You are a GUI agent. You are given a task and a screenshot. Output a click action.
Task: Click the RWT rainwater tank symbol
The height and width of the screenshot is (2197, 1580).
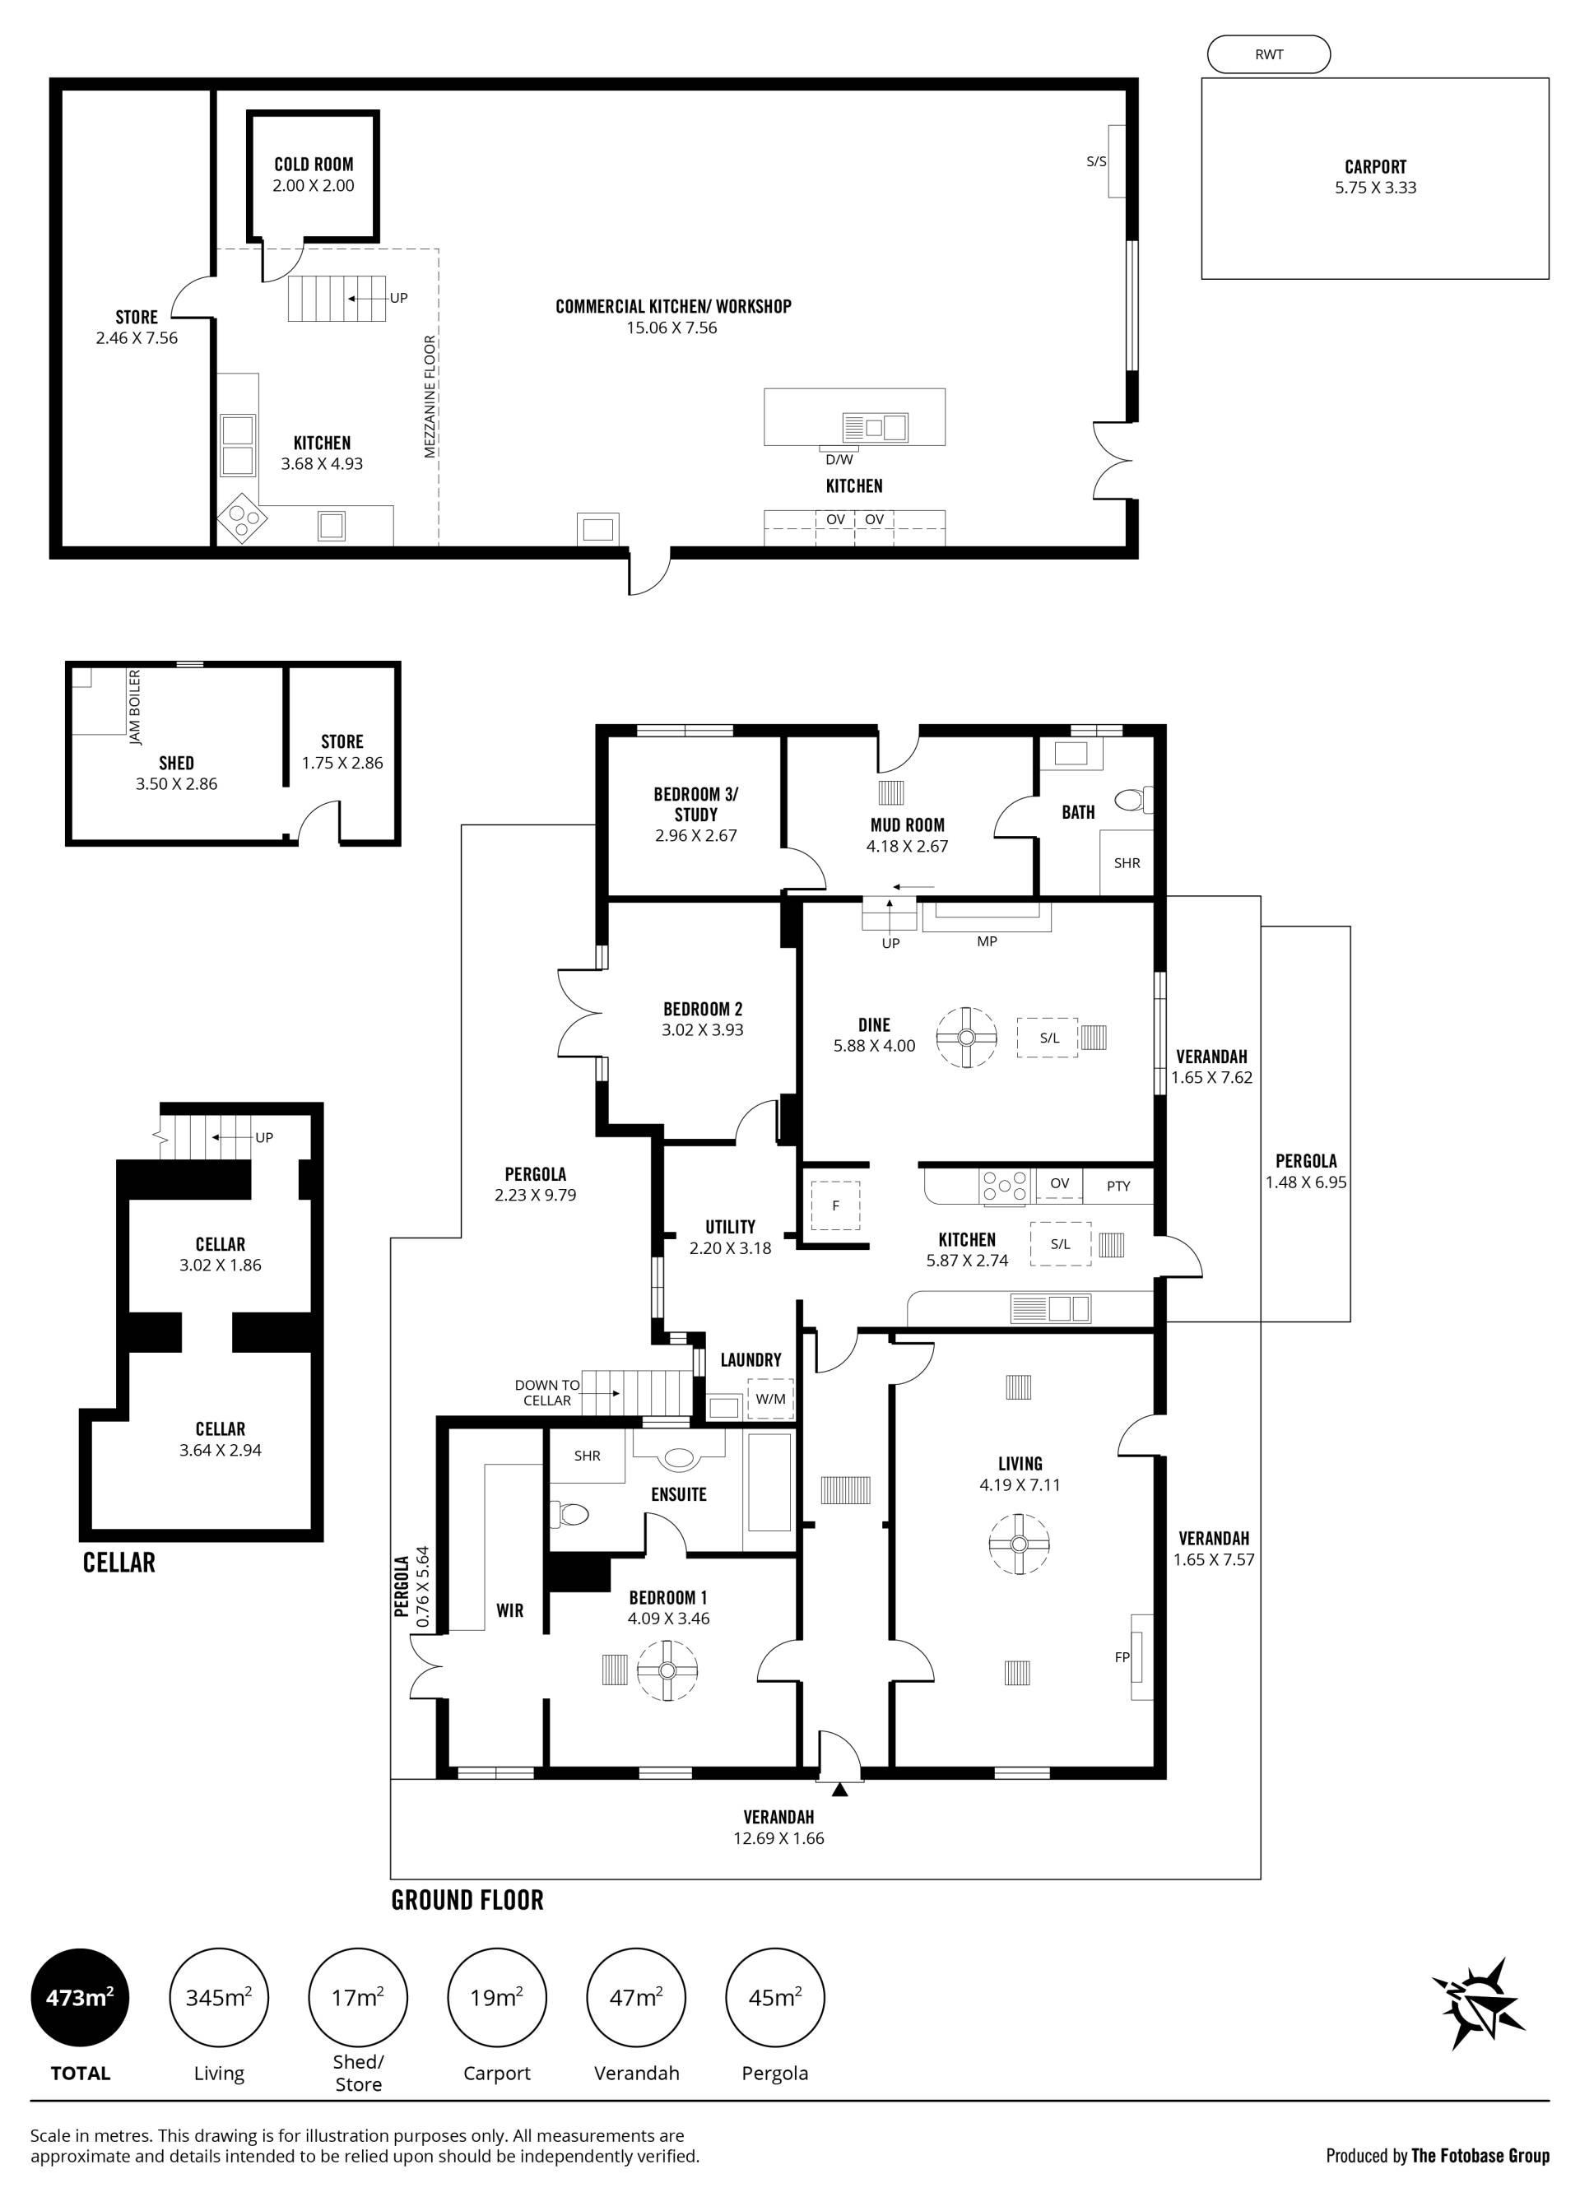(x=1268, y=54)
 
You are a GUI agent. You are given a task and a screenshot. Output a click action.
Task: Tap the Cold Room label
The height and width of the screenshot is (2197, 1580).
(x=314, y=165)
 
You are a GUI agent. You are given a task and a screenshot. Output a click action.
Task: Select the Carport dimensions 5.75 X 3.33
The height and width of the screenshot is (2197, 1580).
(x=1376, y=188)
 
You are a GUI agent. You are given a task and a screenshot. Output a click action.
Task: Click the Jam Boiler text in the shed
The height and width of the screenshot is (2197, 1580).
(x=135, y=706)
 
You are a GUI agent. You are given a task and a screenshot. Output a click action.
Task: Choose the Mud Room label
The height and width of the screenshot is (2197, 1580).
(x=908, y=824)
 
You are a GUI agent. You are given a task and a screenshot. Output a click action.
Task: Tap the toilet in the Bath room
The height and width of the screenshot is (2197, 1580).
(x=1134, y=800)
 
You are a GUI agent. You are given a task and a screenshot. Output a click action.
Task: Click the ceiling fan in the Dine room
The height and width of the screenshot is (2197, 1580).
(x=967, y=1038)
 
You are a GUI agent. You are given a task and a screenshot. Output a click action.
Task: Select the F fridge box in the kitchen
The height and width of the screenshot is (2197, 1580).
(x=836, y=1206)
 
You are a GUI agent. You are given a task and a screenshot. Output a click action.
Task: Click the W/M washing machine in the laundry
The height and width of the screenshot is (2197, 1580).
(x=771, y=1399)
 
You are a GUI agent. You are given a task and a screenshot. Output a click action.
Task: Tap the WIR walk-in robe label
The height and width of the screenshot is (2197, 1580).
(x=509, y=1610)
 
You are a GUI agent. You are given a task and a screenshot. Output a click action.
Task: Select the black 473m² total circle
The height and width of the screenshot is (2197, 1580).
(x=81, y=1997)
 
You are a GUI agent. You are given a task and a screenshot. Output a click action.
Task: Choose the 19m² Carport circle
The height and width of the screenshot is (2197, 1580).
(x=497, y=1997)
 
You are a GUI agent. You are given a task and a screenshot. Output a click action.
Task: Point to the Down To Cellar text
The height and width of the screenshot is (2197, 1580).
(x=547, y=1393)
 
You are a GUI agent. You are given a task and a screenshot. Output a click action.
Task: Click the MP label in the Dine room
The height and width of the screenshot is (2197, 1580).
(x=987, y=941)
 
